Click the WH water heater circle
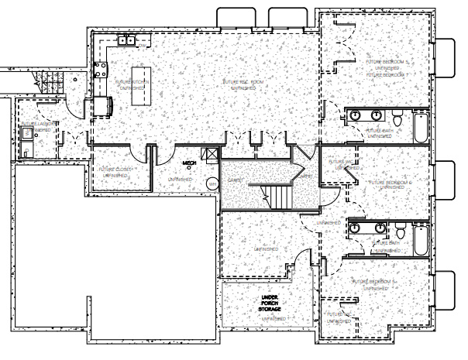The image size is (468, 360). coord(212,183)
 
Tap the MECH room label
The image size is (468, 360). coord(189,163)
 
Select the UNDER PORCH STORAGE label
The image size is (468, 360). coord(270,303)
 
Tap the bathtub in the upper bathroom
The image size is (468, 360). coord(421,128)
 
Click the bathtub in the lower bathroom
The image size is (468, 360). coord(421,239)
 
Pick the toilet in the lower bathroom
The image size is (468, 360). coord(398,231)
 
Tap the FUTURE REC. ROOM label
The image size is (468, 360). coord(243,81)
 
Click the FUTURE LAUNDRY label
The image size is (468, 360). coord(36,123)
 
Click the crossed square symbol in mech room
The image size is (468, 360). coord(207,154)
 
